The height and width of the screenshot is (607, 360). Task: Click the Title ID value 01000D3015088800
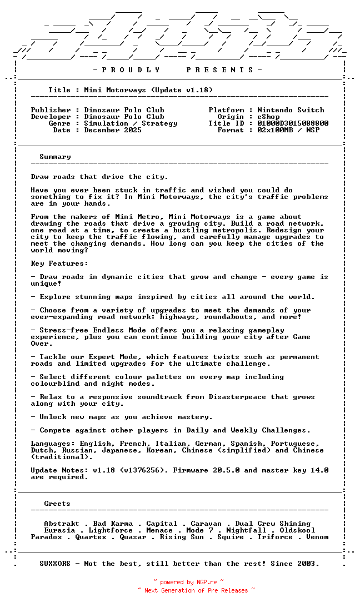tap(293, 123)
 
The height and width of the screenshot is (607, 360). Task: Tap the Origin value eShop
tap(268, 117)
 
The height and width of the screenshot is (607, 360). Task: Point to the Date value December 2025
tap(113, 130)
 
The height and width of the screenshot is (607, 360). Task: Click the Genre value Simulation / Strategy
tap(131, 123)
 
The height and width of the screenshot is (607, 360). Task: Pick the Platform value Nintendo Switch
tap(291, 110)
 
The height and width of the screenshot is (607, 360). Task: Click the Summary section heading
tap(55, 157)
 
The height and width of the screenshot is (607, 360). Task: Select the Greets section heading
tap(57, 504)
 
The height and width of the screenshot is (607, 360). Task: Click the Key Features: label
tap(59, 263)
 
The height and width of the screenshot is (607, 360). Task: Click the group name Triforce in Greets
tap(275, 537)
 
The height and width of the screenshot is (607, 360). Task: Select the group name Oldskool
tap(297, 530)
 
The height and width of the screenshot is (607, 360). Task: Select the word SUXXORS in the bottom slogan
tap(55, 564)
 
